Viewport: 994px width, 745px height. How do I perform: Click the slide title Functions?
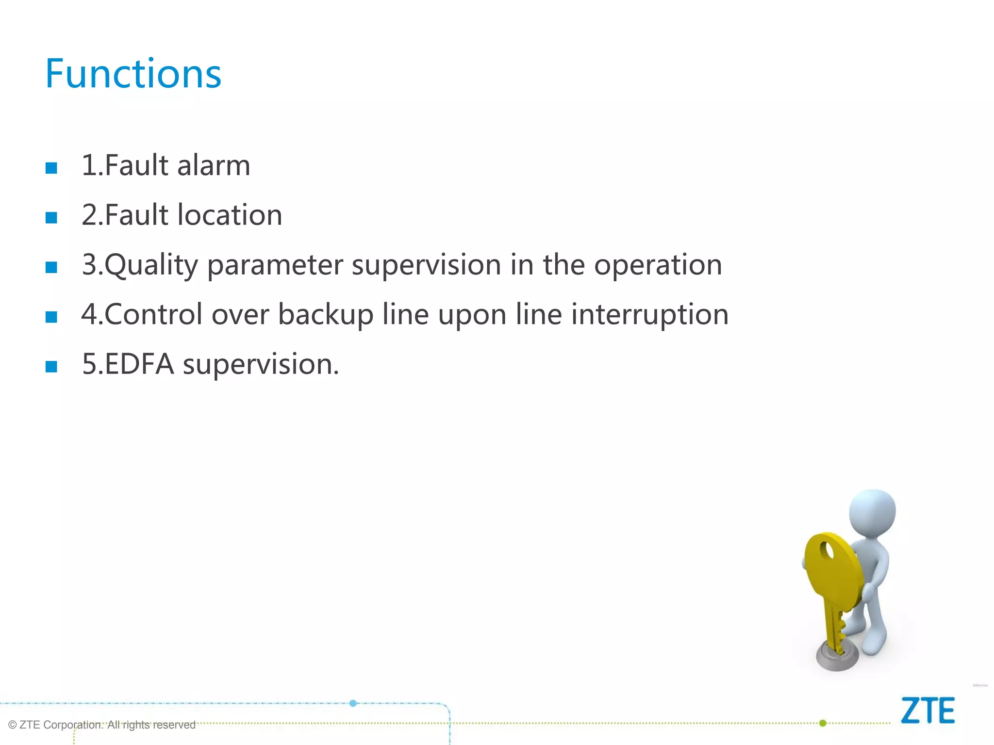[133, 74]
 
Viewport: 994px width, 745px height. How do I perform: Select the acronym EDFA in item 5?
[139, 364]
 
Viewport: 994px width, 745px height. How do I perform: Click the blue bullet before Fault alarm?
[51, 168]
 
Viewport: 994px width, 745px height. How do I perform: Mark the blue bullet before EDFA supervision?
[51, 367]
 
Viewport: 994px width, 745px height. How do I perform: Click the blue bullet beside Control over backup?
[51, 317]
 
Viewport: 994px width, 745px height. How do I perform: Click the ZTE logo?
[928, 711]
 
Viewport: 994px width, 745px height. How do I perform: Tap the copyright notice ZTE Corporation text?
[102, 725]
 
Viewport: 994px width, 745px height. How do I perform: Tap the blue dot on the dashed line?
[353, 703]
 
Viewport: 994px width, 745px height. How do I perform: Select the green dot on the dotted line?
[823, 723]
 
